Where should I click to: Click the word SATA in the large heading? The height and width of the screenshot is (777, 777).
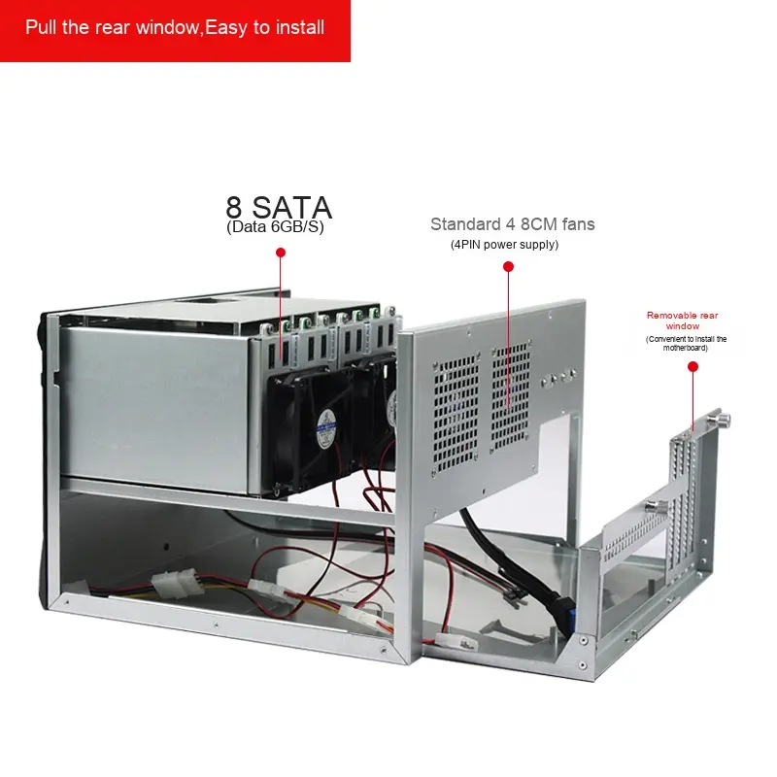[292, 207]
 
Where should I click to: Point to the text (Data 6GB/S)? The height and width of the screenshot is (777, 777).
[275, 227]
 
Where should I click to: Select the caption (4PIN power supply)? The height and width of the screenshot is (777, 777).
[504, 245]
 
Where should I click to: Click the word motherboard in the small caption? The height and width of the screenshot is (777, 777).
[687, 348]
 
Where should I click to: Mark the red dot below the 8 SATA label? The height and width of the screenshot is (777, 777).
[281, 253]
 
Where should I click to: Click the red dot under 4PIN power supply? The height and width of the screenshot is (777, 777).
[507, 265]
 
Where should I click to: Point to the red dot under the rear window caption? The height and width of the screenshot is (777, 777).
[693, 367]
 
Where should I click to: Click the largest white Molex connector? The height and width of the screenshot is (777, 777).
[173, 585]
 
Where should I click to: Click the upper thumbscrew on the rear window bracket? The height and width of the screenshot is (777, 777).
[725, 420]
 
